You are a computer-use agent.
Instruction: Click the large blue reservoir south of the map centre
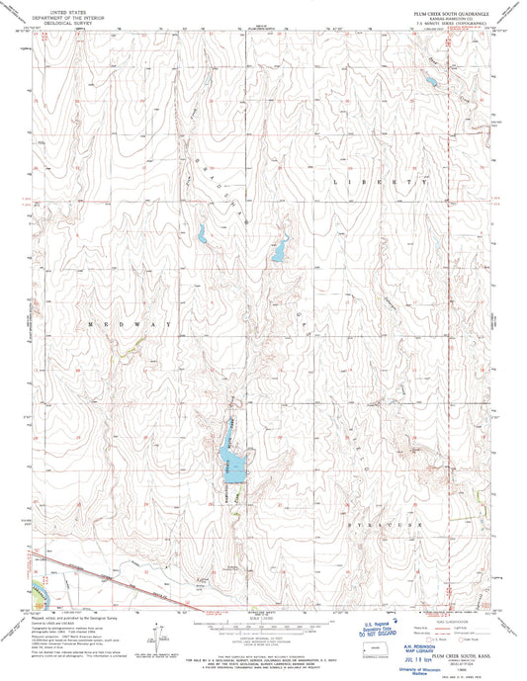point(233,468)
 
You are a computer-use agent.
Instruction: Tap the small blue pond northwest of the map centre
point(200,235)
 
